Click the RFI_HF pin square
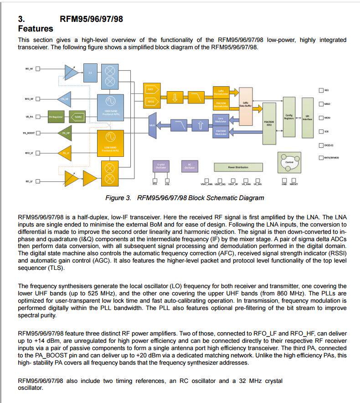(x=38, y=69)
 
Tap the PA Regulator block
(x=56, y=117)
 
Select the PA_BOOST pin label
(x=29, y=133)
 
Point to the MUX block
(x=152, y=124)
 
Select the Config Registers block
(x=289, y=117)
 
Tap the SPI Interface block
(x=308, y=117)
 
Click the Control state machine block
(x=289, y=162)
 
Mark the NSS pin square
(x=321, y=90)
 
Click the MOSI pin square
(x=321, y=118)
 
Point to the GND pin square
(x=285, y=180)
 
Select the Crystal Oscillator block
(x=161, y=167)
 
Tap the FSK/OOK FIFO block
(x=269, y=123)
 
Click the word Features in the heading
(x=36, y=29)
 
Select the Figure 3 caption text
(x=185, y=198)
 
